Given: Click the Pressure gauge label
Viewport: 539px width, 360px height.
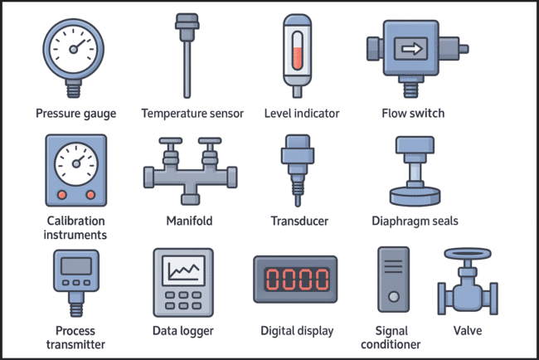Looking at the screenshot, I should tap(75, 113).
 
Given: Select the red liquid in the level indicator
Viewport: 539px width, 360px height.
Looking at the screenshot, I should tap(297, 58).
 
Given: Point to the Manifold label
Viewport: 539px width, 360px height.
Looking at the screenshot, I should tap(190, 221).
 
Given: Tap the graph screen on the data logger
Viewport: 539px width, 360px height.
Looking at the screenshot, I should tap(182, 271).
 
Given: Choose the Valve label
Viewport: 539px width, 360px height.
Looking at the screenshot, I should tap(469, 330).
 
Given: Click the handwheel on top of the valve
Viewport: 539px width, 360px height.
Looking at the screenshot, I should tap(469, 255).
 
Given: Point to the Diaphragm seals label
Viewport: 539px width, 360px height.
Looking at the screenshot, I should tap(415, 221).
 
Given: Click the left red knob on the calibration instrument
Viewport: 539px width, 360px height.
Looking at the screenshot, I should tap(61, 194).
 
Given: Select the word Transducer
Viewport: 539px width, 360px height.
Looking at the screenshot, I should tap(299, 221).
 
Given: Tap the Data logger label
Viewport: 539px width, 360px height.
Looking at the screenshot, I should tap(183, 331).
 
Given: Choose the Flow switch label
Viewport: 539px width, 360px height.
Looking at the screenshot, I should tap(412, 113).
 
